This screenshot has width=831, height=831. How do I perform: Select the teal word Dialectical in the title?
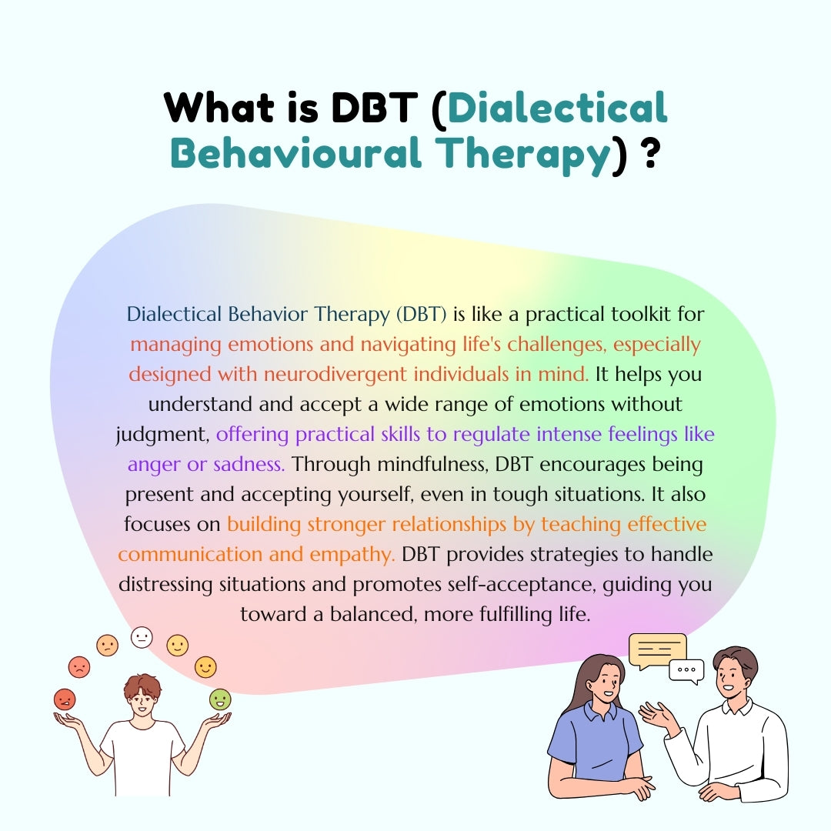557,108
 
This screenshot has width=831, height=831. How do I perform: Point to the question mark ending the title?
649,152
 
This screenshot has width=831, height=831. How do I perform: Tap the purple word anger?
154,464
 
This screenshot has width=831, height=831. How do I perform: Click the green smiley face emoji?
220,699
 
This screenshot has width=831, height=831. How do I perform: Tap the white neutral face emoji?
142,637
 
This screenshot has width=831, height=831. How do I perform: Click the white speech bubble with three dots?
686,670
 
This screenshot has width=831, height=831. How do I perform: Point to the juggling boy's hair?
142,685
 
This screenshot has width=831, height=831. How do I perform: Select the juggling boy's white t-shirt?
142,758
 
